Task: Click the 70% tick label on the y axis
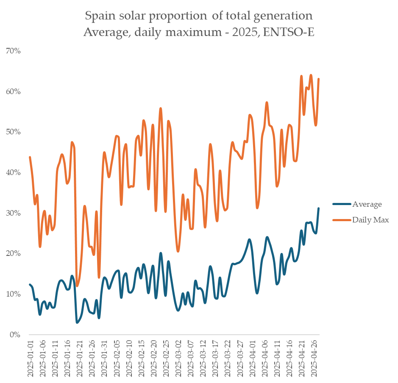point(13,51)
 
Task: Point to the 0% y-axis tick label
point(15,335)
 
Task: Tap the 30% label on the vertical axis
point(13,213)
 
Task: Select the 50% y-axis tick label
point(13,132)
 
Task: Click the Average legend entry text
point(367,204)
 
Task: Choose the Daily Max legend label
point(370,220)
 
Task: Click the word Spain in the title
point(99,16)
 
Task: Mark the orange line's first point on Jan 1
point(30,157)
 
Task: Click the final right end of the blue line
point(318,208)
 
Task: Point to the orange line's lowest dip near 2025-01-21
point(77,286)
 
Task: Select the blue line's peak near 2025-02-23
point(161,253)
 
